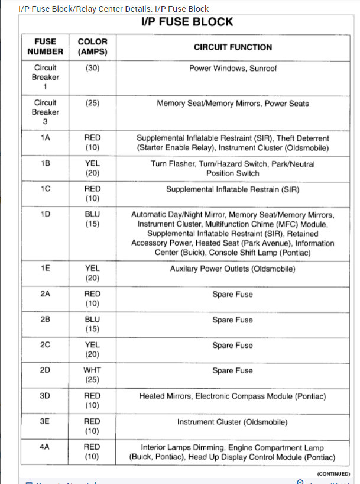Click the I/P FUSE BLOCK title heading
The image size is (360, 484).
click(x=187, y=22)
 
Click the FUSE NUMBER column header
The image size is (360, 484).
click(x=46, y=47)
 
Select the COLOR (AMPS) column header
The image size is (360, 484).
click(x=92, y=47)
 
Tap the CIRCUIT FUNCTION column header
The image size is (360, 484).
click(x=233, y=47)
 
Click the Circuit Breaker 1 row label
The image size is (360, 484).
click(x=46, y=78)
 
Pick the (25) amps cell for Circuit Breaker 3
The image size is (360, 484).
click(x=92, y=103)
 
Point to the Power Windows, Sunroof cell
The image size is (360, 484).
click(x=233, y=69)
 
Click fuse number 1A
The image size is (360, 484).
click(x=46, y=137)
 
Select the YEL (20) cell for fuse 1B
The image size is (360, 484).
click(x=92, y=169)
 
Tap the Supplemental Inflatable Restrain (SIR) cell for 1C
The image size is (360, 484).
click(x=233, y=189)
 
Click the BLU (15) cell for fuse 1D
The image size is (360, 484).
click(x=92, y=220)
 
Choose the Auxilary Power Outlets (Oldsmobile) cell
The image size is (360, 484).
click(x=233, y=269)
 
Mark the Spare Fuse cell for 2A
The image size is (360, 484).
click(x=233, y=294)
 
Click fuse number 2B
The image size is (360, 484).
click(x=46, y=320)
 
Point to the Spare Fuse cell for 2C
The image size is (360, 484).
click(x=233, y=345)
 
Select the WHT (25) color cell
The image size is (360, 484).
click(x=92, y=375)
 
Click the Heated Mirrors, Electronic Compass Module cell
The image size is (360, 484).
click(x=233, y=396)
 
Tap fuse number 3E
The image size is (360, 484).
click(x=46, y=422)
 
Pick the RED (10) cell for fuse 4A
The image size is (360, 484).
click(x=92, y=452)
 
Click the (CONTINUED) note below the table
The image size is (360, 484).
click(x=333, y=474)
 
